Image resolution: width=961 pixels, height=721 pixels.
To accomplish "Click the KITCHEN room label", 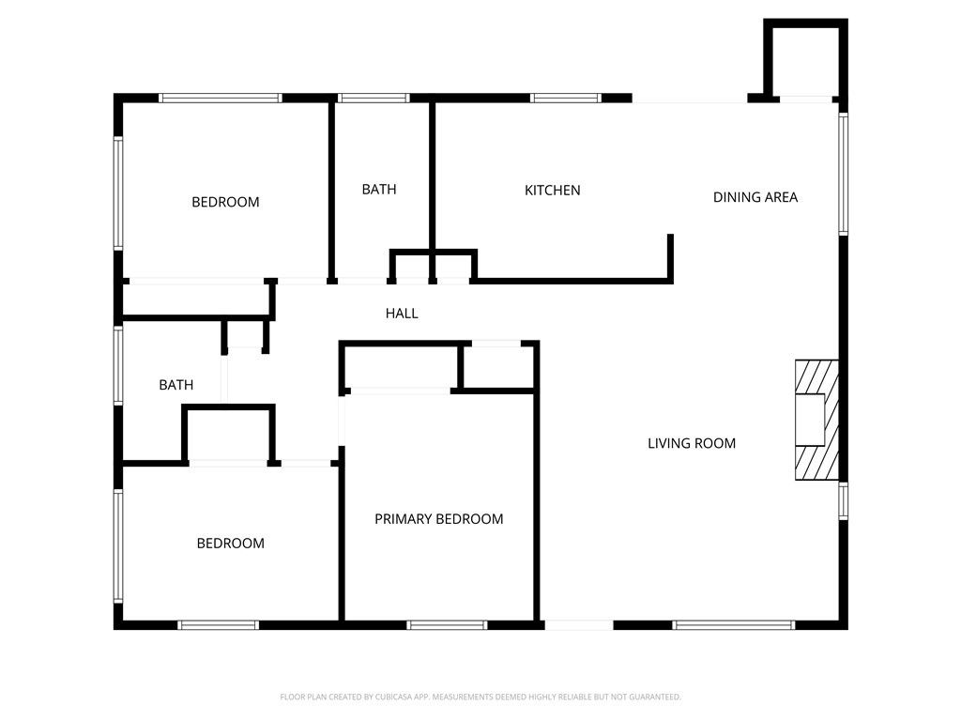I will pyautogui.click(x=552, y=191).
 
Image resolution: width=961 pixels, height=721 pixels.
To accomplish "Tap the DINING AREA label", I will pyautogui.click(x=755, y=197).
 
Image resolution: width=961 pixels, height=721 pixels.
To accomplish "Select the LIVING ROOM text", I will pyautogui.click(x=692, y=443).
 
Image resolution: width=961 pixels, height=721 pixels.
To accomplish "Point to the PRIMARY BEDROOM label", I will pyautogui.click(x=439, y=519).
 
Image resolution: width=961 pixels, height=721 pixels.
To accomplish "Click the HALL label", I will pyautogui.click(x=402, y=314).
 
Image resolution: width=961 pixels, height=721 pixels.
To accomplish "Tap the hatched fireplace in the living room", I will pyautogui.click(x=815, y=420).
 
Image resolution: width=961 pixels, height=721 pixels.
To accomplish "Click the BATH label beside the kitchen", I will pyautogui.click(x=379, y=190).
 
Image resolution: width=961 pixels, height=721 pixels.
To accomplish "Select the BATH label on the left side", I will pyautogui.click(x=176, y=385).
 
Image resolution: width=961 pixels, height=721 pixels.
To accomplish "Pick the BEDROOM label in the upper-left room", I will pyautogui.click(x=225, y=202).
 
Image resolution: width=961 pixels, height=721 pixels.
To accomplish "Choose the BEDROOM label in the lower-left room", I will pyautogui.click(x=230, y=544).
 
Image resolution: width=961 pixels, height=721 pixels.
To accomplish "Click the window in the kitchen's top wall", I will pyautogui.click(x=566, y=97).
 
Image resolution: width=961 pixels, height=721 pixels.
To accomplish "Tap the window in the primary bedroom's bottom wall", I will pyautogui.click(x=448, y=624).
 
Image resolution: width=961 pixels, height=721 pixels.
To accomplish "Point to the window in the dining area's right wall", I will pyautogui.click(x=843, y=174).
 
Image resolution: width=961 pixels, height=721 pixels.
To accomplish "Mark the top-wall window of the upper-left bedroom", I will pyautogui.click(x=221, y=97).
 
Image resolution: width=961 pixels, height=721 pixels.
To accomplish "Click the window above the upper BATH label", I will pyautogui.click(x=374, y=97).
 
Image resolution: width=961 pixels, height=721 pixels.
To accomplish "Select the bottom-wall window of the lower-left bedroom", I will pyautogui.click(x=219, y=624).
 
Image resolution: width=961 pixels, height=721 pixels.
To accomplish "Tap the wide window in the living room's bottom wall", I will pyautogui.click(x=735, y=624).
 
